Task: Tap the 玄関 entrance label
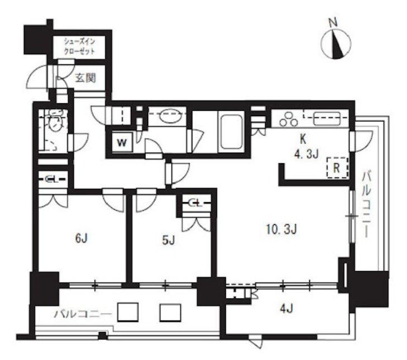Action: click(85, 77)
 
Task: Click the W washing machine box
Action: click(122, 142)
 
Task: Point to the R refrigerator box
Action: click(337, 168)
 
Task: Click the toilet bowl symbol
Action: click(55, 121)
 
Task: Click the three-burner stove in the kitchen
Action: click(288, 119)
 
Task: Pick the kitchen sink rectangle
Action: click(326, 119)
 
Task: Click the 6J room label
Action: click(81, 238)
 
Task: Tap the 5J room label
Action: click(168, 240)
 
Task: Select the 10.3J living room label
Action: click(282, 229)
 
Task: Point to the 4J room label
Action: click(287, 309)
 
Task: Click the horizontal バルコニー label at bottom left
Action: click(83, 315)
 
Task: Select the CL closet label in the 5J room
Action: click(195, 203)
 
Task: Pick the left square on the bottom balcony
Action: click(127, 312)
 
